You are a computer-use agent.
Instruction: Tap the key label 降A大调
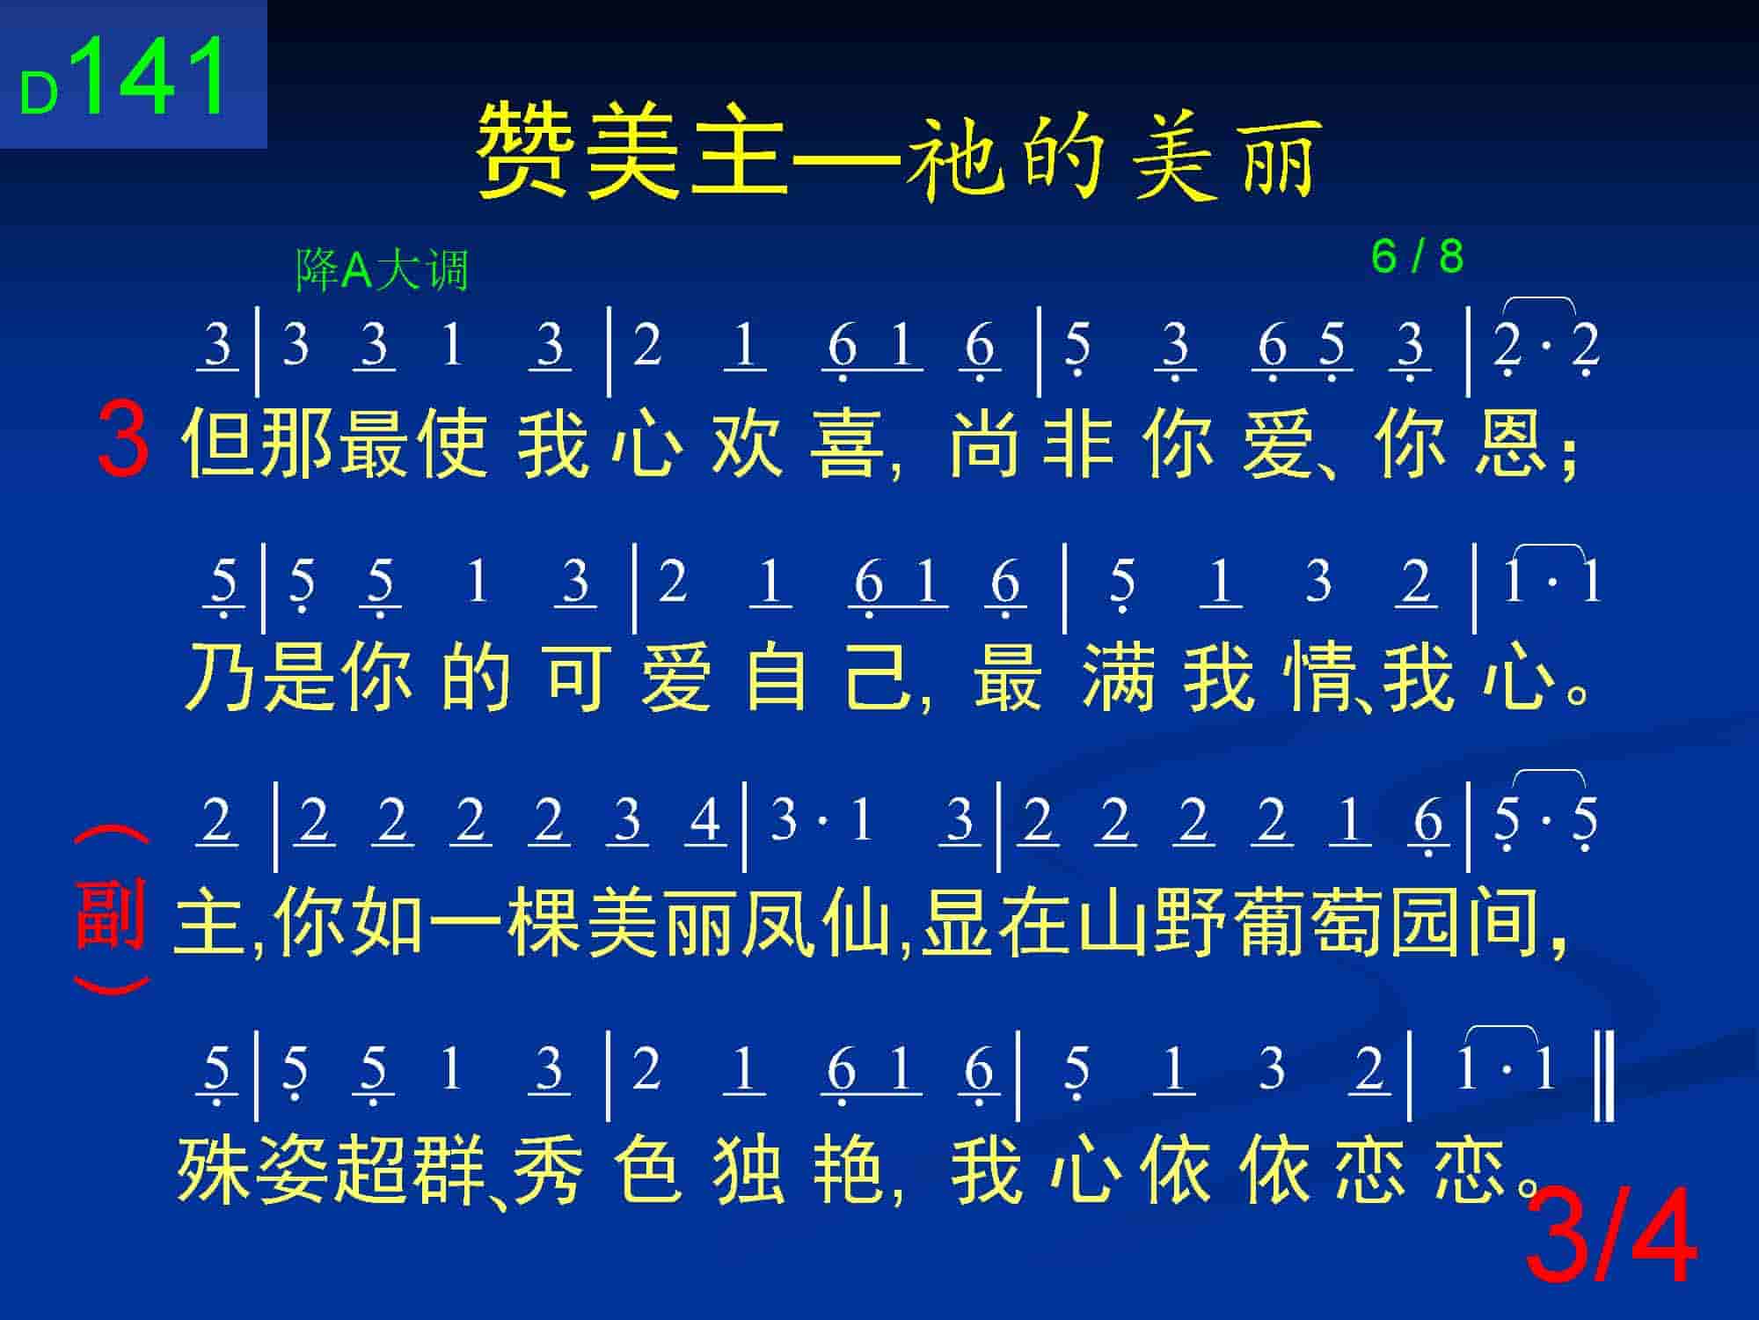382,269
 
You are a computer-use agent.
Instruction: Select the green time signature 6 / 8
1417,256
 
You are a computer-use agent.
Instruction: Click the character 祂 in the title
954,157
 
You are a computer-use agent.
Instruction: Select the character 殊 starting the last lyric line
214,1170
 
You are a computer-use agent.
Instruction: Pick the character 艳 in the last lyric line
848,1170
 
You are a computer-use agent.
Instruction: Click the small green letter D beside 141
39,92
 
